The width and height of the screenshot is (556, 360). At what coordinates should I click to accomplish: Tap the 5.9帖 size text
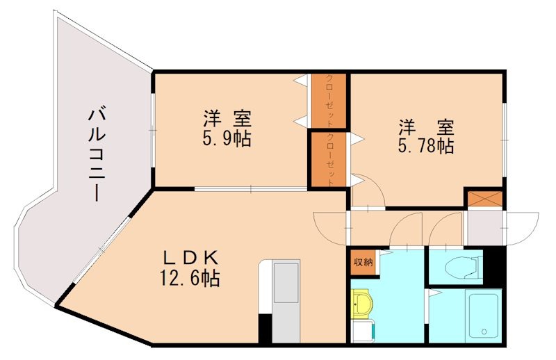click(x=227, y=139)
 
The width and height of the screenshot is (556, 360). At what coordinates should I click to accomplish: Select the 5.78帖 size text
click(x=426, y=145)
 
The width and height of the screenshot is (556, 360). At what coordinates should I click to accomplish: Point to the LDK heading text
click(x=190, y=259)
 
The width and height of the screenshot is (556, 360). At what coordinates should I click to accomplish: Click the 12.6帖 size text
click(x=190, y=278)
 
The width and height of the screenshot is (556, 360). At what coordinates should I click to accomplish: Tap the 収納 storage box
click(x=363, y=263)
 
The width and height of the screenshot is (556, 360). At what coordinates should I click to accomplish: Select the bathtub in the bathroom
click(x=484, y=316)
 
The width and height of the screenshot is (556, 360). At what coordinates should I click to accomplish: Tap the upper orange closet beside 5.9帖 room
click(x=328, y=101)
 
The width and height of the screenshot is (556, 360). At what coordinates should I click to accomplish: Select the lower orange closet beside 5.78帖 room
click(x=328, y=159)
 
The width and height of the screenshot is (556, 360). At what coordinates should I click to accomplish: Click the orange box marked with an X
click(x=484, y=199)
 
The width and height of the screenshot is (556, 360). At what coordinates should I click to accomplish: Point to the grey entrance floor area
click(x=484, y=227)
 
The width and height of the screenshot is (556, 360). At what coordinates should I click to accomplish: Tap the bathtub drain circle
click(x=484, y=332)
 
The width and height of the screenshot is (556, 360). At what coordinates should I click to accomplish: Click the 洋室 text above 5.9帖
click(x=227, y=119)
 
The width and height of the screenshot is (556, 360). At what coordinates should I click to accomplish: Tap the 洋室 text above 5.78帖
click(x=426, y=127)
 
